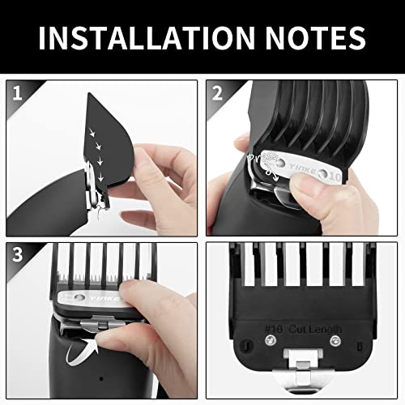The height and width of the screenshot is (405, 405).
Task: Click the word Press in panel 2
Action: point(262,155)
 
